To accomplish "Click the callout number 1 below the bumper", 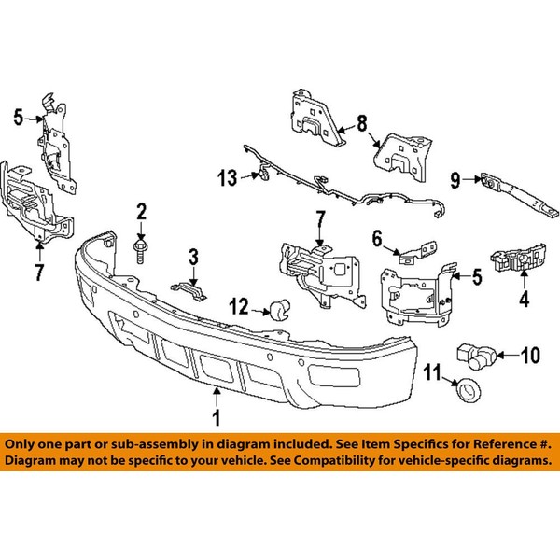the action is [x=217, y=417].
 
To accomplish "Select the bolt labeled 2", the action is [x=141, y=251].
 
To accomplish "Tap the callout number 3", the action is [x=193, y=257].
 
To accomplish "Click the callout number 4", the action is [x=524, y=300].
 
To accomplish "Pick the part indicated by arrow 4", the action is [x=518, y=259].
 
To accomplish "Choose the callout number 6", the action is [x=377, y=239].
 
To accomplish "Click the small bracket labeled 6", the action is [x=418, y=253].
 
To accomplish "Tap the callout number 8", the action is [x=362, y=124].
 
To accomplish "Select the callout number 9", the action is [x=455, y=180].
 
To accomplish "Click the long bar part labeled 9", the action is [x=520, y=195].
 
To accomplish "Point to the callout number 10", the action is [x=530, y=356].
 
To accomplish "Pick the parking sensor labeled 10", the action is [x=475, y=356].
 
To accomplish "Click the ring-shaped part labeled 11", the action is [x=469, y=389].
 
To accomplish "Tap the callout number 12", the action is [x=239, y=306].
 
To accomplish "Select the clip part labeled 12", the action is [x=280, y=310].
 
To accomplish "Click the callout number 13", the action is [x=228, y=177].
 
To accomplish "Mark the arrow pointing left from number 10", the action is [x=509, y=356].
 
